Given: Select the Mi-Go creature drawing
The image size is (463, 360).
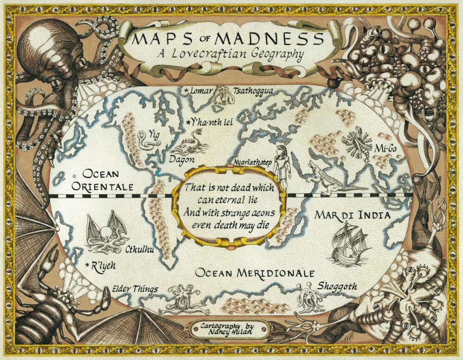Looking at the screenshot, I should tap(358, 144).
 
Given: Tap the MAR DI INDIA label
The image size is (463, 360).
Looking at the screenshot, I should tap(352, 215).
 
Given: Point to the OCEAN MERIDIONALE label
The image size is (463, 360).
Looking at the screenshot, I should tap(255, 273).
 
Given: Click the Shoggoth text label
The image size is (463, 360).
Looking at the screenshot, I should tap(337, 286).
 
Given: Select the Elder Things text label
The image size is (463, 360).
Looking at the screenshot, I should tap(135, 290).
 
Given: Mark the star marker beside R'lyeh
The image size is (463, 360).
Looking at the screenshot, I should tap(88, 265).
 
